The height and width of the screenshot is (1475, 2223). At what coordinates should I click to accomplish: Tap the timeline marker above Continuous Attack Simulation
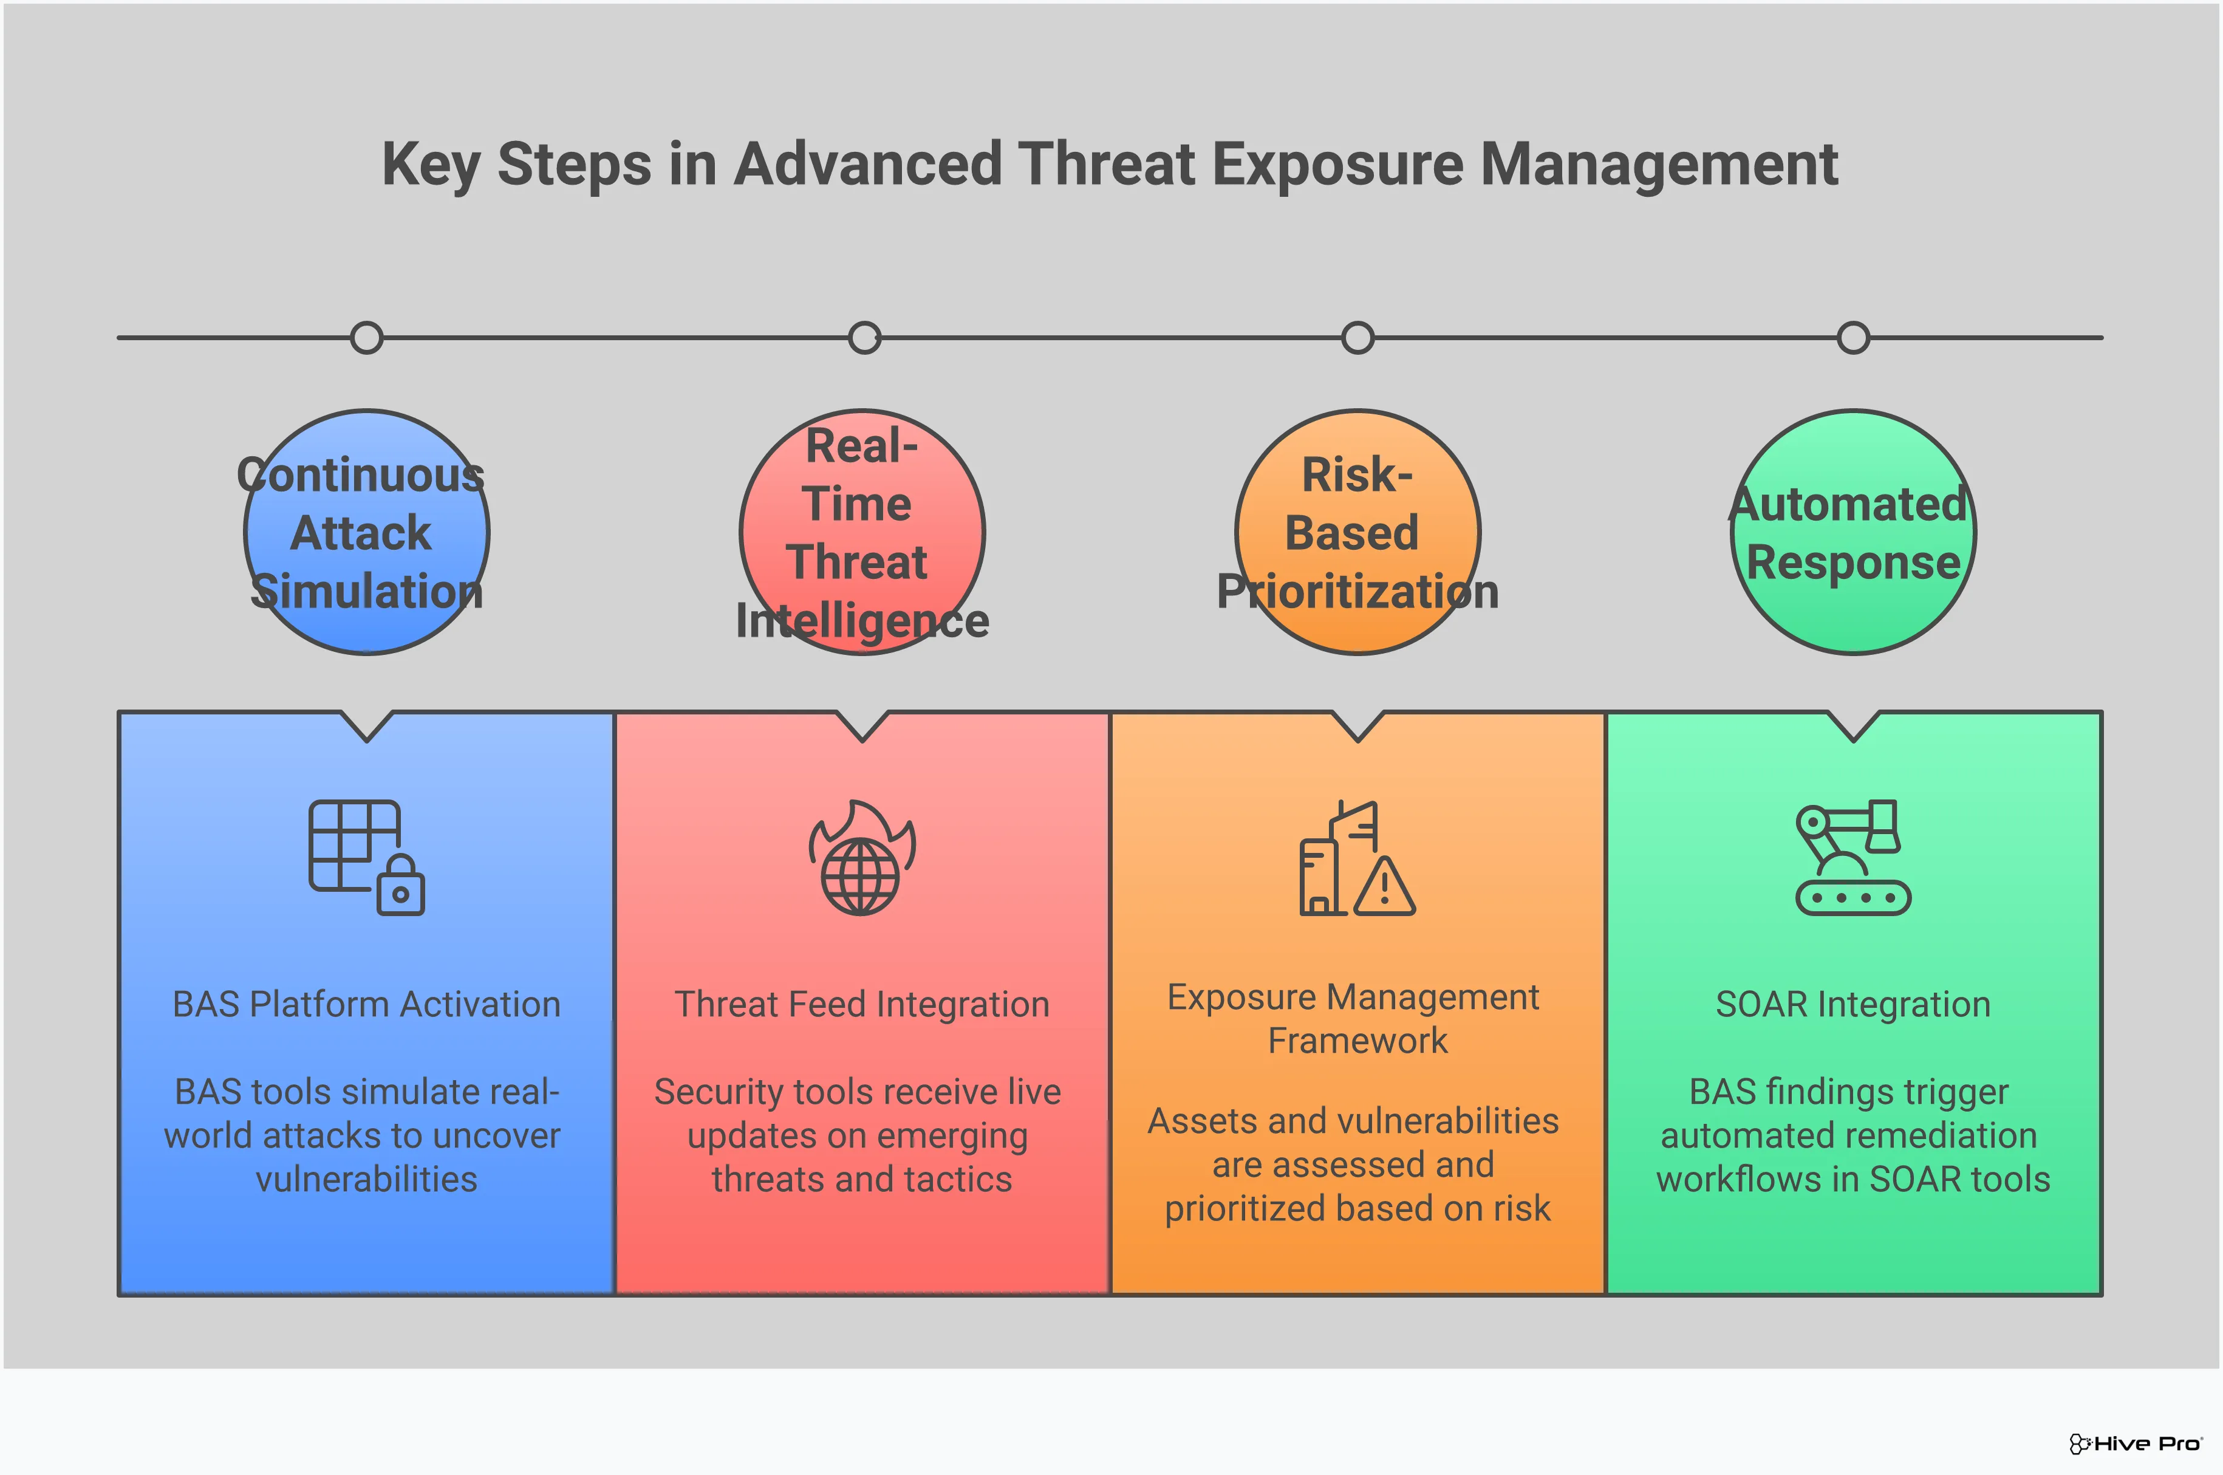click(367, 338)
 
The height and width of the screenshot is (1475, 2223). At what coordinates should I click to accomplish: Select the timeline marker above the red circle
click(864, 338)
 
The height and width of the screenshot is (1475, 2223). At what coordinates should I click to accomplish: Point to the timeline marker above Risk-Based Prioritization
click(1358, 338)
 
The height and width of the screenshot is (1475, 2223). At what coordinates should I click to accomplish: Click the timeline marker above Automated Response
click(1854, 338)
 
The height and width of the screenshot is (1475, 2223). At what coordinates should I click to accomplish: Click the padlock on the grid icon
click(401, 888)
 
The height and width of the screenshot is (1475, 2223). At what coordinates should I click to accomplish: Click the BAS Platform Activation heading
click(367, 1005)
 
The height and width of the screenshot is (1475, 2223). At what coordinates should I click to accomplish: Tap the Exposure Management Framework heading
click(1354, 1019)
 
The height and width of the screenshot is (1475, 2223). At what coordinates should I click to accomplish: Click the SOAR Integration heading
click(1852, 1005)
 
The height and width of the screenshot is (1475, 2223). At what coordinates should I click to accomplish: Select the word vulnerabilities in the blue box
click(367, 1180)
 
